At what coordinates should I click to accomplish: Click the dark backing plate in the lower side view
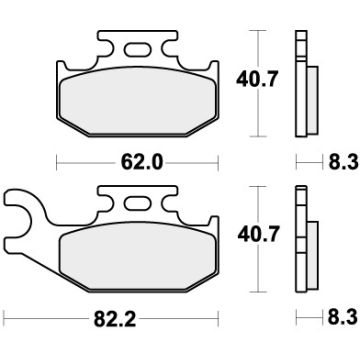point(301,243)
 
